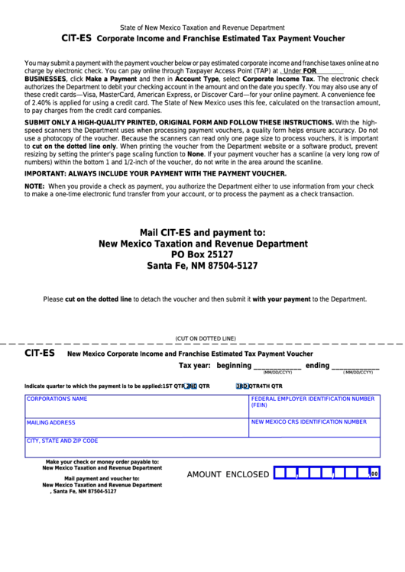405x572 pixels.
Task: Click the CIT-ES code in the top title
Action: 76,37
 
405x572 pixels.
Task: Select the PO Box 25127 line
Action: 202,254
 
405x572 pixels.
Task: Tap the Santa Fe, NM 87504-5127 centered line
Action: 202,266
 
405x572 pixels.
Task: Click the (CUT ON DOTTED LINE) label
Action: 206,338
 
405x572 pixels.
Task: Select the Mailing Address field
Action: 137,428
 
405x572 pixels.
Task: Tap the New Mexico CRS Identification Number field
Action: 314,428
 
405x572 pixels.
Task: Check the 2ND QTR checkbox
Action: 191,386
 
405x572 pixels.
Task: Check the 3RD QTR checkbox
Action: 242,386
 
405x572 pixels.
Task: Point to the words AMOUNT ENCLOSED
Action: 228,474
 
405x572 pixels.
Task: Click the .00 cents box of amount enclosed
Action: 374,474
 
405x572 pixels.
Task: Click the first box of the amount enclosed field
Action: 280,473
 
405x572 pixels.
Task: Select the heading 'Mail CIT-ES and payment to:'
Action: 202,232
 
